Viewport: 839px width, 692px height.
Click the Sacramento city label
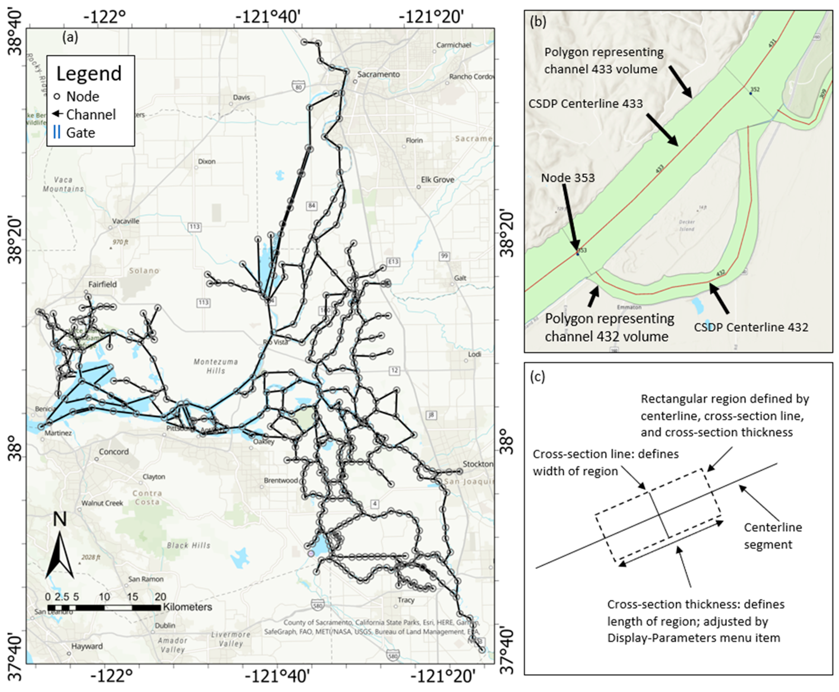(x=378, y=74)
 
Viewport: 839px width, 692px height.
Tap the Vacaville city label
(x=125, y=221)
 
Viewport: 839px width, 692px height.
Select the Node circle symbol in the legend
(x=57, y=96)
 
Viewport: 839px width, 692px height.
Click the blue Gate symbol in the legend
(x=57, y=132)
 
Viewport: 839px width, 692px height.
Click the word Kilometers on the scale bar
(x=187, y=607)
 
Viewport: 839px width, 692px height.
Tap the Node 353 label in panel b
(x=567, y=178)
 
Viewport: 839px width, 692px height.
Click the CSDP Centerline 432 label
(x=751, y=327)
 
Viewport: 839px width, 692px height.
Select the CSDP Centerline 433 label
(x=585, y=104)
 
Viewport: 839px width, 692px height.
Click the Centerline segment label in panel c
(x=773, y=536)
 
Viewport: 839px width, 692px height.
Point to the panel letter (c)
(x=538, y=376)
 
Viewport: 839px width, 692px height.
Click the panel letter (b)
(x=538, y=22)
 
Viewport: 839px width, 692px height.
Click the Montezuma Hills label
(x=215, y=366)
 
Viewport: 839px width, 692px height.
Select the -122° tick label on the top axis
(x=105, y=17)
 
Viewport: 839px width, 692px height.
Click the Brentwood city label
(x=281, y=480)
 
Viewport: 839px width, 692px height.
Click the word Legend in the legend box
(x=89, y=74)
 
